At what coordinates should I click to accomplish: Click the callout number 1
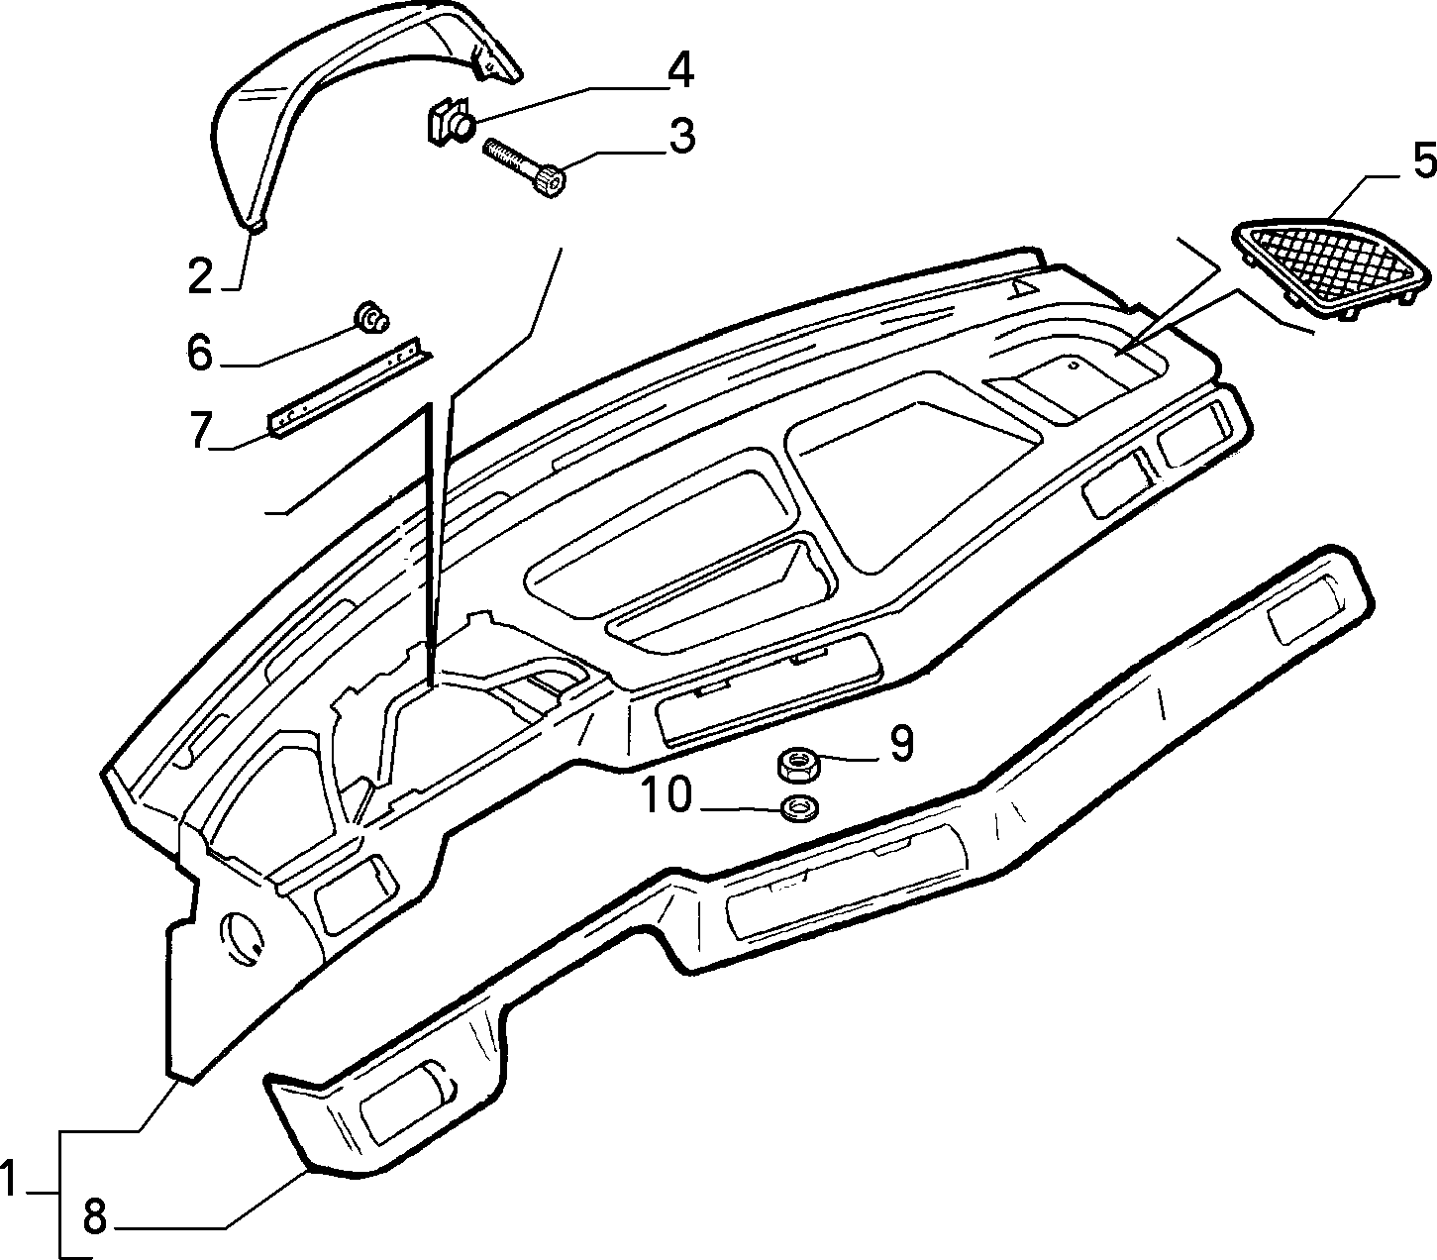[x=9, y=1179]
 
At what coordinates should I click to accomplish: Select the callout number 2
[x=200, y=276]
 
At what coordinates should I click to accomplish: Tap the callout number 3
[x=682, y=136]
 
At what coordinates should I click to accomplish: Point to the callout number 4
[x=679, y=70]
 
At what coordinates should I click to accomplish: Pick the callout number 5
[x=1423, y=161]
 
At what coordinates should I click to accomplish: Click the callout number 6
[x=200, y=353]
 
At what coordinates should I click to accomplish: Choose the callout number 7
[x=201, y=431]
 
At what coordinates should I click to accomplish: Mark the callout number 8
[x=95, y=1217]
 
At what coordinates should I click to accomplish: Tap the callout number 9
[x=901, y=744]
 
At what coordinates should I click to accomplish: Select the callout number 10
[x=666, y=794]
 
